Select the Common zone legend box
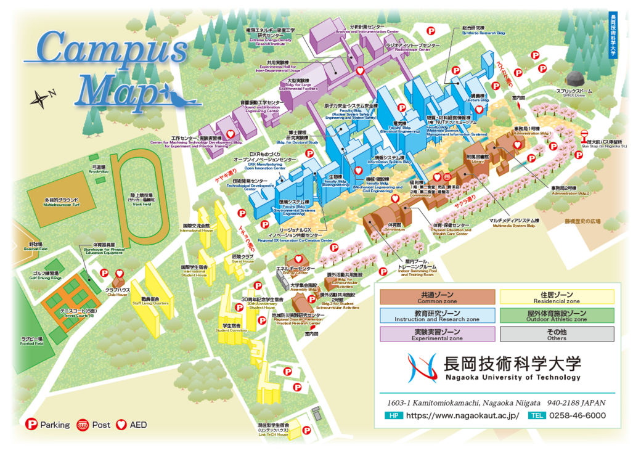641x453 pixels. (437, 297)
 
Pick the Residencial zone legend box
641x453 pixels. (557, 297)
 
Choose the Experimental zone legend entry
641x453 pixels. (437, 334)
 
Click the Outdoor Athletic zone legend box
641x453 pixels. (557, 316)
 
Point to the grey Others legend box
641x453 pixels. (557, 334)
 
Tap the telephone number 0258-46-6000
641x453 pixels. (577, 415)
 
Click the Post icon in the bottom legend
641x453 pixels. (82, 425)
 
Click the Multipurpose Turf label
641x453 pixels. (60, 202)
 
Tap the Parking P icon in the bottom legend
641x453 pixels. (31, 425)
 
